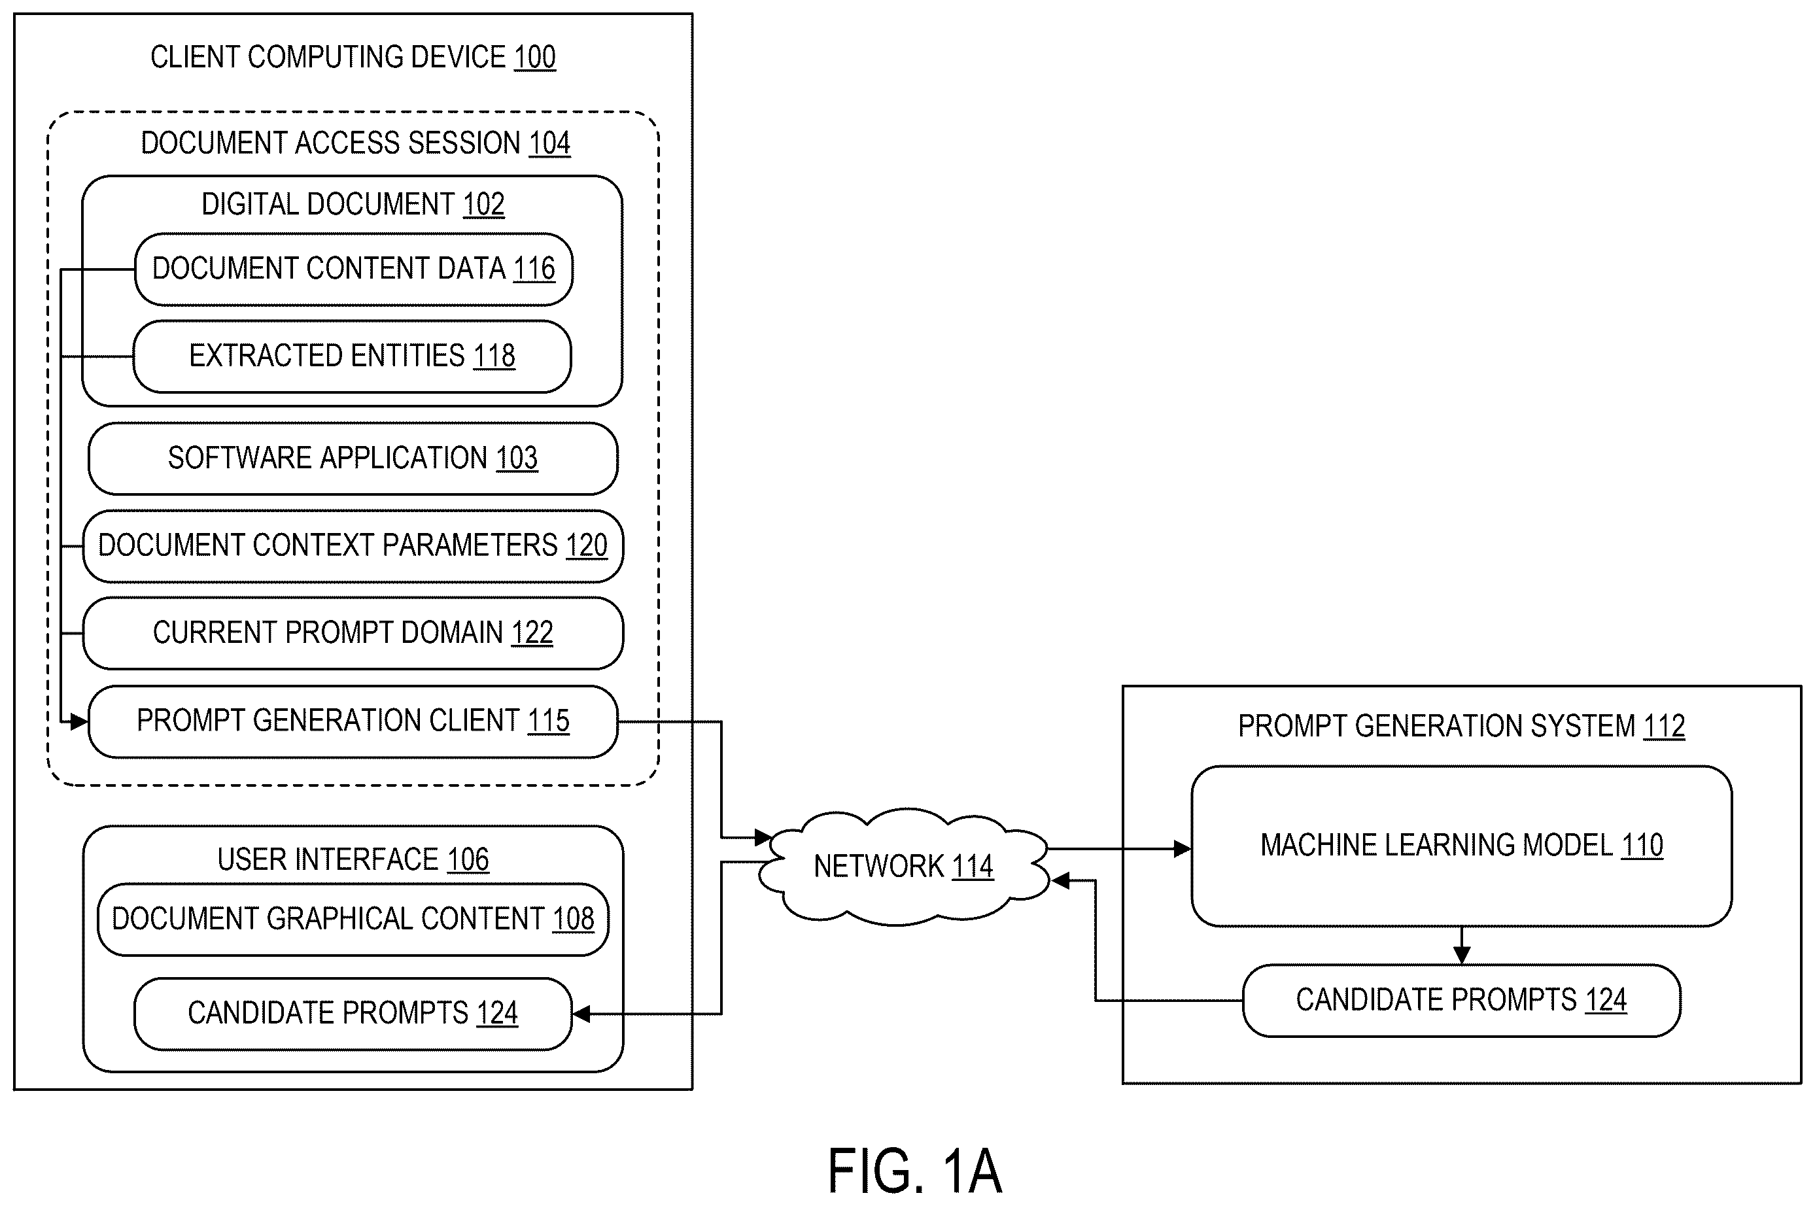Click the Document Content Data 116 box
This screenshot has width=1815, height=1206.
(x=354, y=269)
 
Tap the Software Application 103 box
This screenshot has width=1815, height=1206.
(x=353, y=458)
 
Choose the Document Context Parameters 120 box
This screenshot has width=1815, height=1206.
(x=353, y=546)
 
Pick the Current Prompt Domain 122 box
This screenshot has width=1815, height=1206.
(x=353, y=633)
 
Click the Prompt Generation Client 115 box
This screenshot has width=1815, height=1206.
(x=353, y=721)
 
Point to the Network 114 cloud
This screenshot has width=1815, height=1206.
(x=904, y=866)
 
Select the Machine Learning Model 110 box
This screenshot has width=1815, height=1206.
(x=1461, y=846)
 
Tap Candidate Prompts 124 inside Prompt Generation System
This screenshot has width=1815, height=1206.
(x=1461, y=1001)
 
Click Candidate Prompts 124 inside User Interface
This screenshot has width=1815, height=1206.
(x=353, y=1014)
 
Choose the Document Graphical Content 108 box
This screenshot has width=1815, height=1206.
(x=353, y=919)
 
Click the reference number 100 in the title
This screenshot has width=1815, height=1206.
(x=534, y=57)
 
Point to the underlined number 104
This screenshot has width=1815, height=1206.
(x=549, y=143)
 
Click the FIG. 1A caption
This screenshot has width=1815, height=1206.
(x=914, y=1170)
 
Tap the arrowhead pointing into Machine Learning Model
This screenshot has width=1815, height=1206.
(x=1182, y=849)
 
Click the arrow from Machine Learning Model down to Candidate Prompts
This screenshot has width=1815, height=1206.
(x=1461, y=945)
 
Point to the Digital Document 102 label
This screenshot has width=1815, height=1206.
(x=353, y=205)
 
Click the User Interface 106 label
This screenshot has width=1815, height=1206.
(x=353, y=860)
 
